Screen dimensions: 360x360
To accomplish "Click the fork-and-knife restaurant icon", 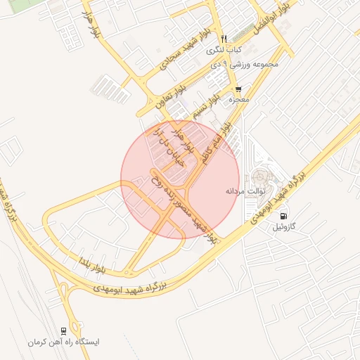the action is pyautogui.click(x=224, y=39).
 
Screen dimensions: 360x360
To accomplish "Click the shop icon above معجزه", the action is pyautogui.click(x=238, y=89).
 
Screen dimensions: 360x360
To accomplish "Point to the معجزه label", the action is pyautogui.click(x=239, y=100).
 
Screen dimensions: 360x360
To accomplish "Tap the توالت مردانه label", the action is pyautogui.click(x=243, y=191).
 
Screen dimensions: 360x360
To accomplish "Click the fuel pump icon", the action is pyautogui.click(x=283, y=215).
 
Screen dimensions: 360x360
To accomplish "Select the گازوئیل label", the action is pyautogui.click(x=285, y=228).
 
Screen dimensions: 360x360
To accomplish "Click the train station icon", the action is pyautogui.click(x=64, y=330).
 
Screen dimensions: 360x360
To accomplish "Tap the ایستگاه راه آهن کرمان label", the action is pyautogui.click(x=64, y=342).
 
